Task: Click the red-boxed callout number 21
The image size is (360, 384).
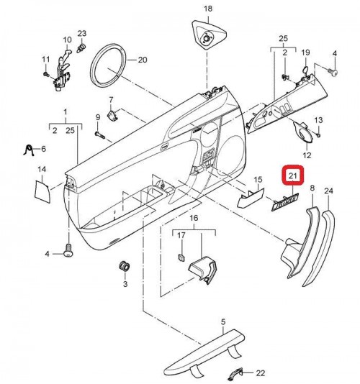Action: pyautogui.click(x=293, y=175)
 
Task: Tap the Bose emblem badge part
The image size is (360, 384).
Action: pyautogui.click(x=285, y=202)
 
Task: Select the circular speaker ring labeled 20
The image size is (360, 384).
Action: pyautogui.click(x=108, y=65)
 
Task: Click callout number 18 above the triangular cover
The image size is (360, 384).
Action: pyautogui.click(x=207, y=9)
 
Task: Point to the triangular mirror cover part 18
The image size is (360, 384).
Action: pyautogui.click(x=209, y=35)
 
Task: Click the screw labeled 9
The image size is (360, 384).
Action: pyautogui.click(x=100, y=134)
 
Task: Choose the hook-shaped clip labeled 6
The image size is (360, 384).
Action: pyautogui.click(x=29, y=150)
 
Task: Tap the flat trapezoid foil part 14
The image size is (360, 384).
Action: pyautogui.click(x=42, y=191)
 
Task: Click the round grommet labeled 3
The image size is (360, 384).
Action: pyautogui.click(x=125, y=267)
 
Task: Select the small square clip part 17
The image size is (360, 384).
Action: pyautogui.click(x=181, y=257)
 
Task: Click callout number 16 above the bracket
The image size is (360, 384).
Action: pyautogui.click(x=194, y=218)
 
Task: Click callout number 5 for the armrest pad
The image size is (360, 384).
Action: pyautogui.click(x=223, y=322)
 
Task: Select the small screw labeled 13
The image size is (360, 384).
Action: pyautogui.click(x=318, y=135)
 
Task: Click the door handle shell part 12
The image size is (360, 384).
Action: pyautogui.click(x=303, y=132)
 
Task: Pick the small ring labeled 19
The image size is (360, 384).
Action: pyautogui.click(x=305, y=70)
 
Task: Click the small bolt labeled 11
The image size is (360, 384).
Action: pyautogui.click(x=45, y=74)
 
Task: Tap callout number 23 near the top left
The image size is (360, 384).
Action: pyautogui.click(x=82, y=34)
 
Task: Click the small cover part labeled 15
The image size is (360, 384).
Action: pyautogui.click(x=251, y=197)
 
